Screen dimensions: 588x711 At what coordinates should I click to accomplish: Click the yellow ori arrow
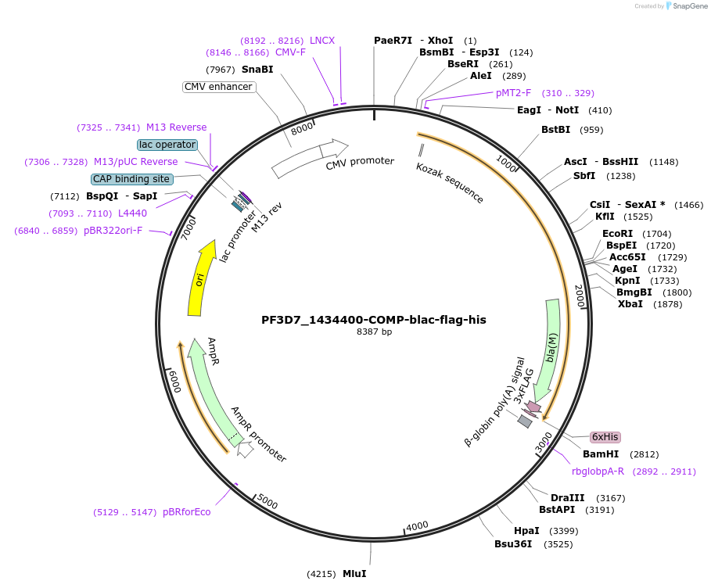coord(200,279)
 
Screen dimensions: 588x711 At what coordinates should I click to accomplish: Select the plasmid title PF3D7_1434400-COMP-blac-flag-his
coord(373,320)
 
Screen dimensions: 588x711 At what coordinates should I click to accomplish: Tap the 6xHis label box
coord(605,437)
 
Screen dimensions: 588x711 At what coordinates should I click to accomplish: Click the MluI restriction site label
coord(354,573)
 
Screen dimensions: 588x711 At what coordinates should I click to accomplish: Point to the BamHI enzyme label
coord(601,454)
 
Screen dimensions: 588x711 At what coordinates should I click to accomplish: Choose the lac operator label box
coord(167,145)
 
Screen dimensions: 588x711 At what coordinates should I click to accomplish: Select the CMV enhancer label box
coord(218,87)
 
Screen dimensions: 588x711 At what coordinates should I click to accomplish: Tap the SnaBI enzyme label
coord(257,69)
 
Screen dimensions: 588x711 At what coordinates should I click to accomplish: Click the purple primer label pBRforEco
coord(186,512)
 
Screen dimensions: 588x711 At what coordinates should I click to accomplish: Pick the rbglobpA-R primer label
coord(598,471)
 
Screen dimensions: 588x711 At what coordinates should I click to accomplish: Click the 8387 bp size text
coord(374,332)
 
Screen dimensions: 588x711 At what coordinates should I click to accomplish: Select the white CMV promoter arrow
coord(308,158)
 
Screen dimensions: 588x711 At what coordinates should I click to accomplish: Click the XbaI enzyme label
coord(630,303)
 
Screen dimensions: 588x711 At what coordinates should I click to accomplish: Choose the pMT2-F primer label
coord(513,92)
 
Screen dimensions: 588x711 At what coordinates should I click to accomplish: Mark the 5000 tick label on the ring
coord(268,502)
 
